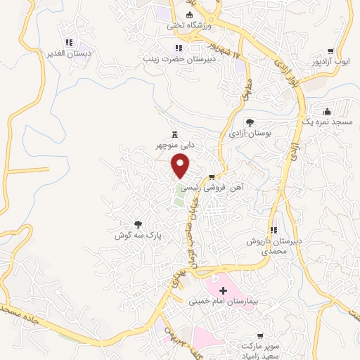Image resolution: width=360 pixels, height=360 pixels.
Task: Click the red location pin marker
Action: [x=181, y=166]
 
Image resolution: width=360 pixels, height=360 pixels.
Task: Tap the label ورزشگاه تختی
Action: [x=187, y=25]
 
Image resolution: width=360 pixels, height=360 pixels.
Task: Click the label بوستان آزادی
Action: [x=250, y=133]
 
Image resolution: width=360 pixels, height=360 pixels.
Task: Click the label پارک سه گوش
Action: [x=139, y=236]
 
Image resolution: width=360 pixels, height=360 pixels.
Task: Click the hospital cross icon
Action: [x=224, y=290]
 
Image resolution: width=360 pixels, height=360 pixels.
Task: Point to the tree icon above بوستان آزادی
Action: [x=250, y=122]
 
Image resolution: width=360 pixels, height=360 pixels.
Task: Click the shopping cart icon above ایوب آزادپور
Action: [x=330, y=51]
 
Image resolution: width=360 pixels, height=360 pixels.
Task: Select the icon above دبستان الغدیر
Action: [x=67, y=43]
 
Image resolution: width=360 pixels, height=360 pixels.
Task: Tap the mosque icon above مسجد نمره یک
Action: [x=327, y=111]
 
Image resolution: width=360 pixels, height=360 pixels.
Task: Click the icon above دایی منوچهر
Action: [x=175, y=134]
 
